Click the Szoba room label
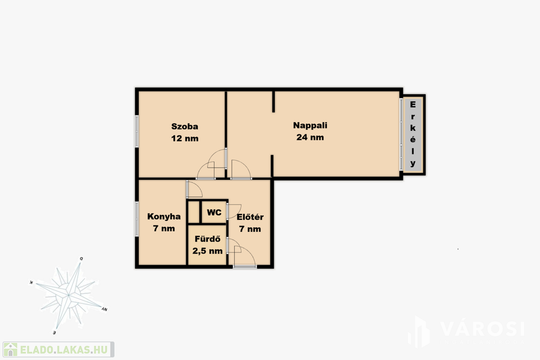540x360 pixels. click(x=185, y=127)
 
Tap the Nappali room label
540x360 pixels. click(x=310, y=125)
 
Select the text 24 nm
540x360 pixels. click(x=310, y=138)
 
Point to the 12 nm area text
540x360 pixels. click(x=185, y=138)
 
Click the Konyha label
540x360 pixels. click(x=164, y=217)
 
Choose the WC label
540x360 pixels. click(x=214, y=212)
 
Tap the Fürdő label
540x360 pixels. click(x=207, y=239)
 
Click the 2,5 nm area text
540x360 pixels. click(x=207, y=251)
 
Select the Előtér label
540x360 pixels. click(x=250, y=217)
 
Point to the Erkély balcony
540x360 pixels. click(x=413, y=134)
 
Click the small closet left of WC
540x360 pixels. click(x=194, y=212)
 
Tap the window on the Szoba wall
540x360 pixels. click(x=137, y=131)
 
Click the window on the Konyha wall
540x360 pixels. click(x=137, y=219)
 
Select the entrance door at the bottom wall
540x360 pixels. click(x=245, y=266)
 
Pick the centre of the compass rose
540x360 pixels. click(x=69, y=295)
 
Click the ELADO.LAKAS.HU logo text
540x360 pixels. click(x=64, y=350)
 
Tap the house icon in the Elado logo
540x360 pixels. click(x=11, y=349)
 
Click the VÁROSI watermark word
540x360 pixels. click(x=483, y=329)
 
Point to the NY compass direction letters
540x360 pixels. click(x=104, y=309)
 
